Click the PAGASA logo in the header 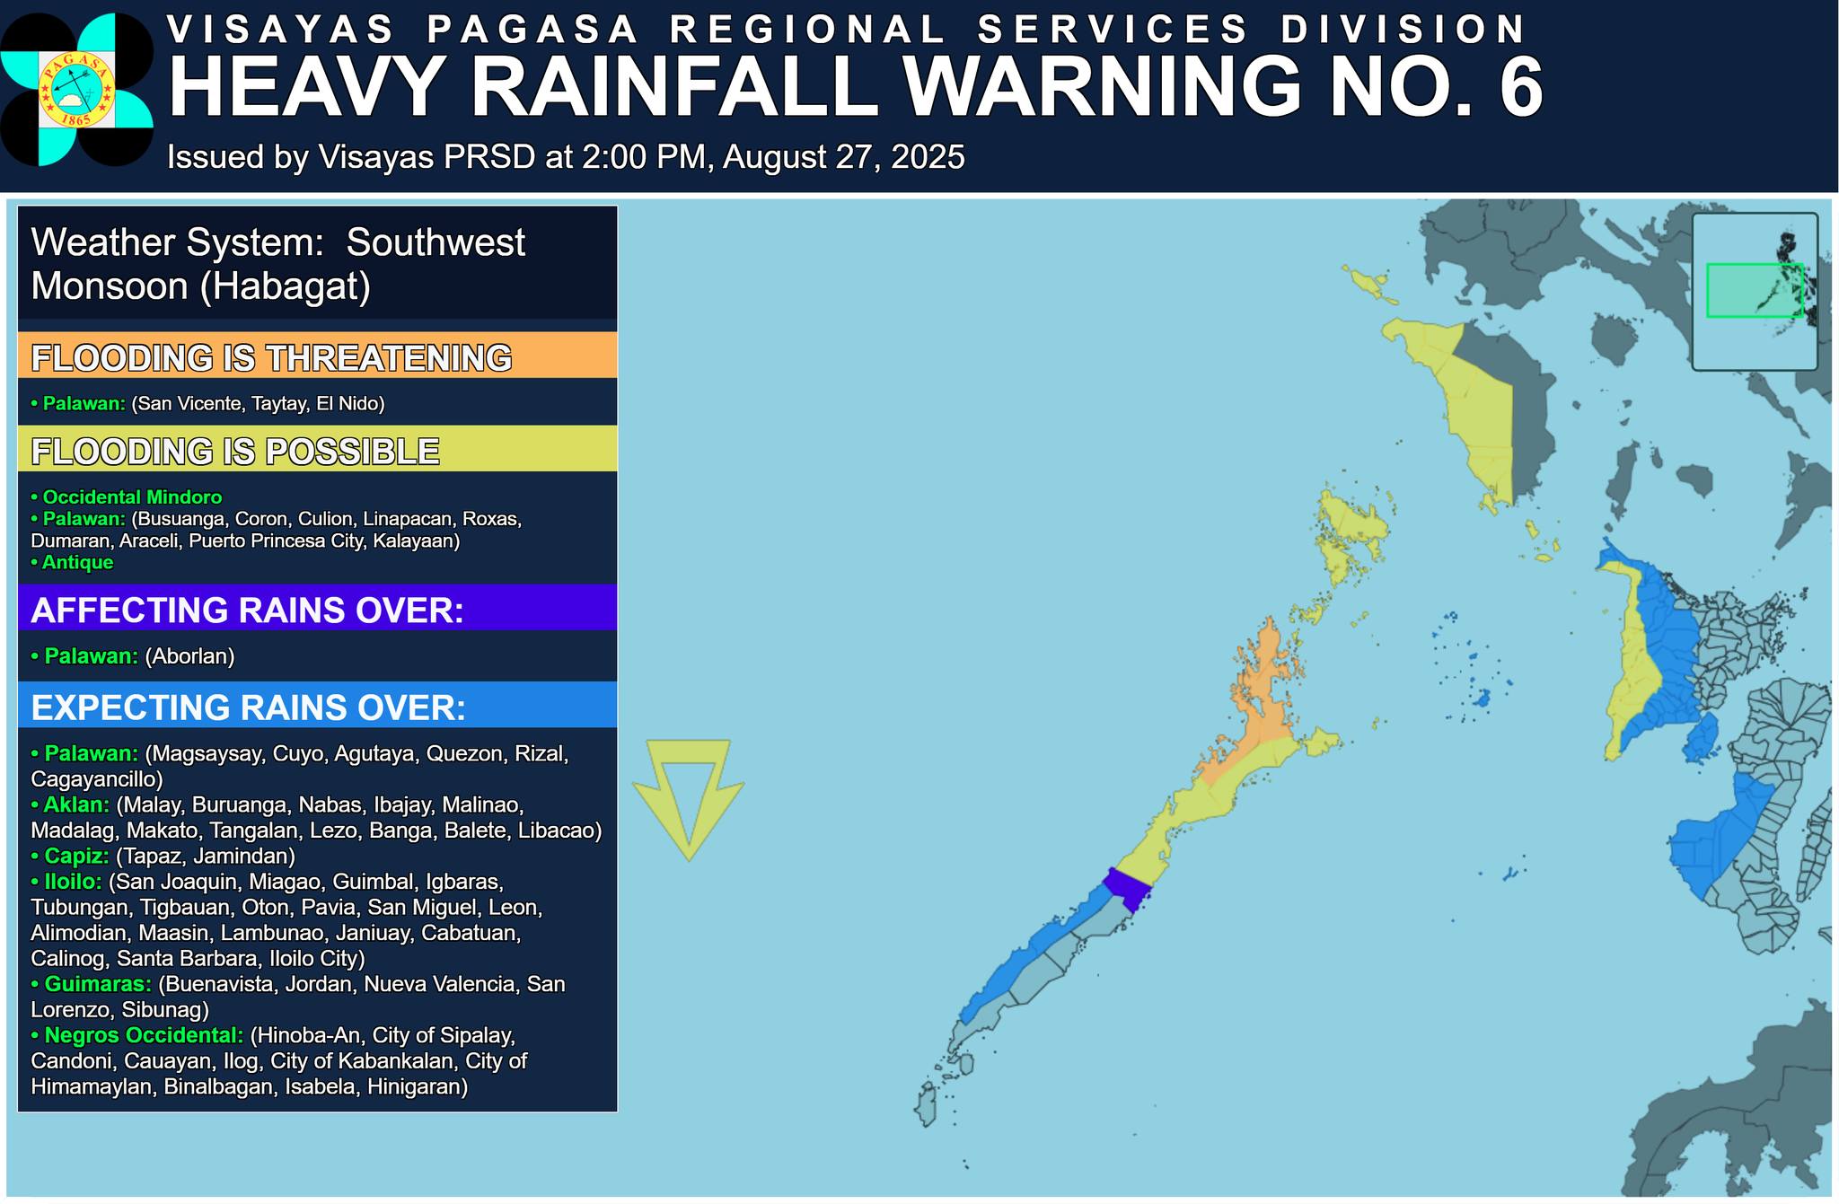(x=76, y=89)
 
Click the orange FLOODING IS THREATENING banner (x=317, y=356)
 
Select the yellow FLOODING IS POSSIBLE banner (x=317, y=449)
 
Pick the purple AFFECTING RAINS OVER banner (x=317, y=609)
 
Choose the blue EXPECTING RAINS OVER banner (x=317, y=707)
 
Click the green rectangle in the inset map (x=1754, y=290)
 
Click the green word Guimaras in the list (x=98, y=985)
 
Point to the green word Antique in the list (x=77, y=563)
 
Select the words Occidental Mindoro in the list (x=132, y=497)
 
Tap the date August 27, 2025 (x=843, y=157)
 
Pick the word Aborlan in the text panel (x=189, y=656)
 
